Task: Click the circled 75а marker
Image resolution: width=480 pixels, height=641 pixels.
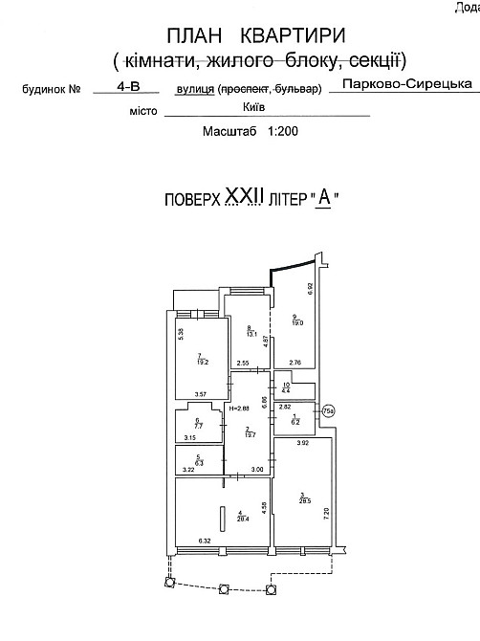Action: pos(327,412)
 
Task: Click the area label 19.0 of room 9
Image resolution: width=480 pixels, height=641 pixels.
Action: pos(298,322)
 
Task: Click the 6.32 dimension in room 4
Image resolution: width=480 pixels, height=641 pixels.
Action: pos(205,542)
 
